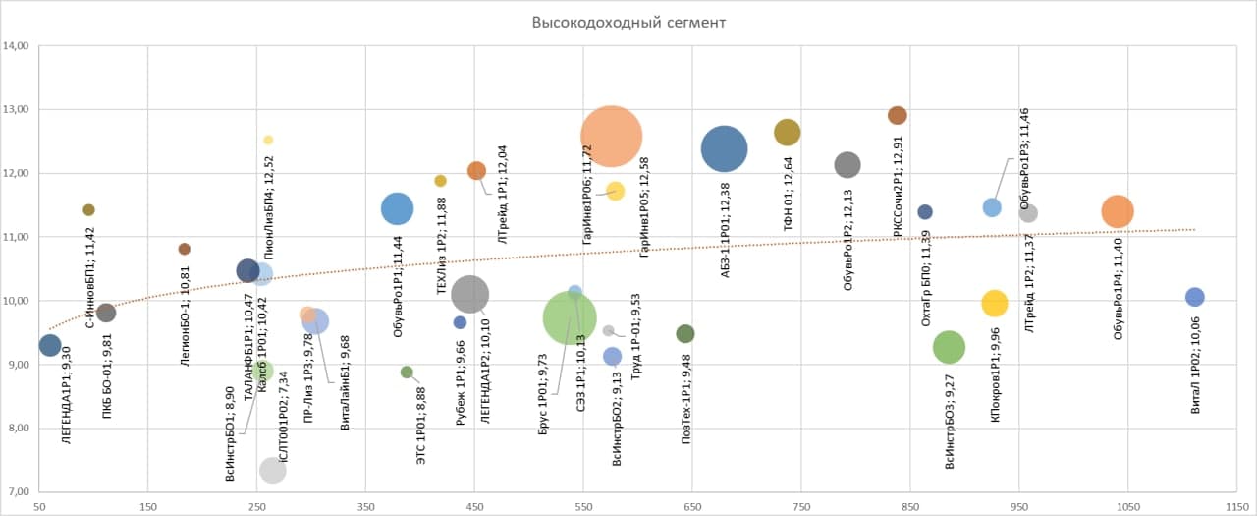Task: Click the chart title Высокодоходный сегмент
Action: pos(628,22)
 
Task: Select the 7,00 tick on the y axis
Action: pos(18,492)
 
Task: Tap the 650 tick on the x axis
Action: pos(691,507)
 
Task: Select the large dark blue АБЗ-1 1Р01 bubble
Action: pos(725,149)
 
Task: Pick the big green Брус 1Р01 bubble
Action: pos(569,316)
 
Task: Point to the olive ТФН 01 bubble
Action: pos(788,132)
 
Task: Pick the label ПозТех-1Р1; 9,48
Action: pos(685,408)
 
